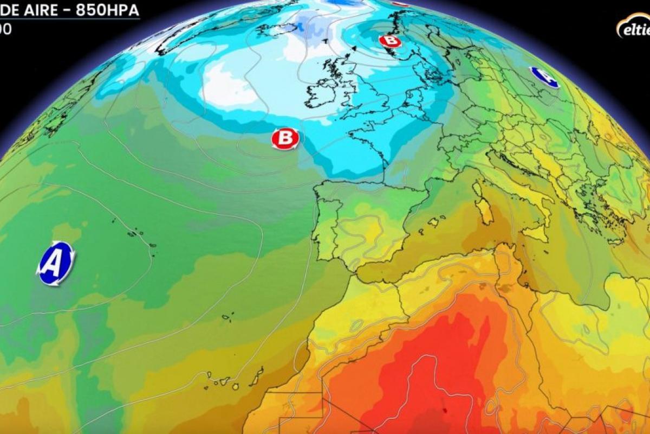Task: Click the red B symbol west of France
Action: (x=285, y=139)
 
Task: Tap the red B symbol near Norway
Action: (x=389, y=41)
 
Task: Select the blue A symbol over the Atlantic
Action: (x=55, y=263)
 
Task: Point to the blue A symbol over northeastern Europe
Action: (x=544, y=77)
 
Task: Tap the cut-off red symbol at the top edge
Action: (x=399, y=3)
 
